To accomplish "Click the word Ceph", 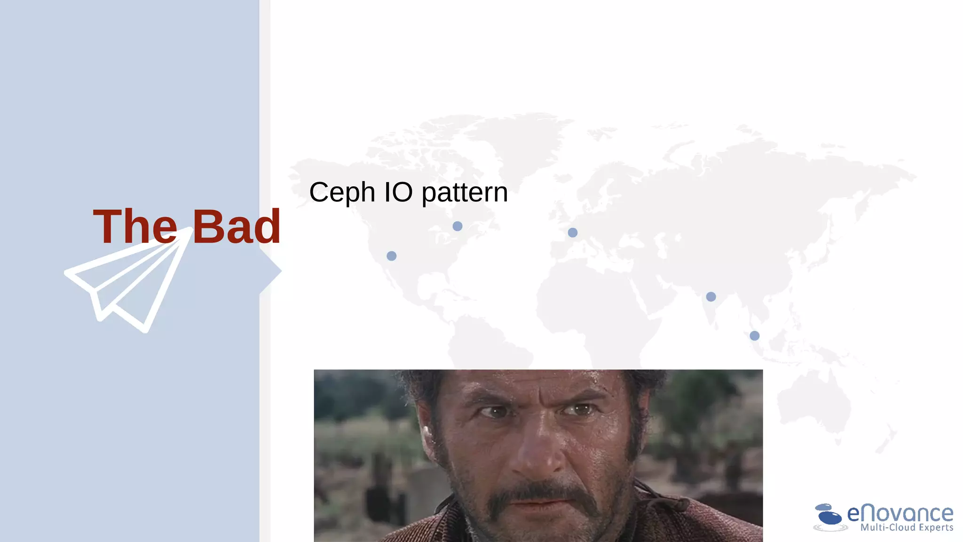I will [x=342, y=193].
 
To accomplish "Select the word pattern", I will [x=465, y=193].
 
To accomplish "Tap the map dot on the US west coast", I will [x=391, y=256].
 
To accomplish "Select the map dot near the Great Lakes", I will [x=457, y=226].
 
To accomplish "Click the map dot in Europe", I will [x=572, y=232].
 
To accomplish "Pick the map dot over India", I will [x=710, y=297].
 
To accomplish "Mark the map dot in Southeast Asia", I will [x=754, y=336].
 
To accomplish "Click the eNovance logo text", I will [x=900, y=513].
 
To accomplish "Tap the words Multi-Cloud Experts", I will [x=907, y=528].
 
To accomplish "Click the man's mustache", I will [x=541, y=494].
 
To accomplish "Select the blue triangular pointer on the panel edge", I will [x=272, y=271].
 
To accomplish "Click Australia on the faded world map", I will [x=813, y=405].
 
